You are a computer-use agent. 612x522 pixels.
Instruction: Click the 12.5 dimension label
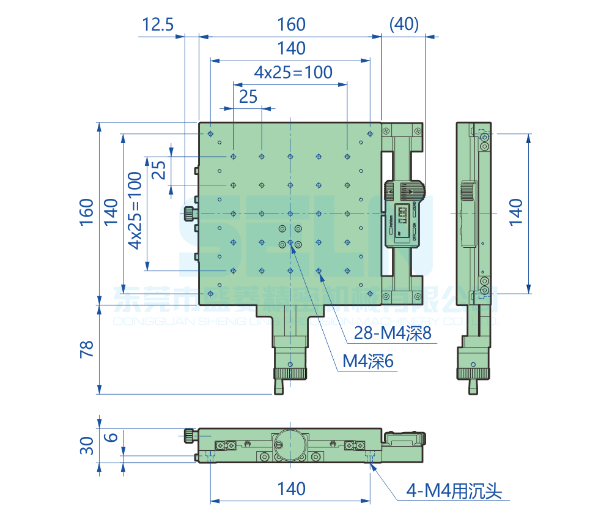click(158, 24)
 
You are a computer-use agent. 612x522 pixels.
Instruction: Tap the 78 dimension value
click(86, 349)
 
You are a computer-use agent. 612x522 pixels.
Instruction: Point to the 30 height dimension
click(87, 445)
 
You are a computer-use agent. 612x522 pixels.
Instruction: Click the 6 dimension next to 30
click(111, 437)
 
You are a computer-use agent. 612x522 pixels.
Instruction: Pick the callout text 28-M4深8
click(393, 334)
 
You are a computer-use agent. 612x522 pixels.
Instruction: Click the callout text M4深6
click(368, 362)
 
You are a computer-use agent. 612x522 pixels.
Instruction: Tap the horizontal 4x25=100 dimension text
click(293, 72)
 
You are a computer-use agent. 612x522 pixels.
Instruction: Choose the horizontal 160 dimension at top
click(291, 24)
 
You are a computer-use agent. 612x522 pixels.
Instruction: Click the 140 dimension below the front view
click(291, 489)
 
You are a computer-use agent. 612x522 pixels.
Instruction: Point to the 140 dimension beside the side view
click(515, 212)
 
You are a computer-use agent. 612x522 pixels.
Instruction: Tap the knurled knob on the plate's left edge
click(189, 213)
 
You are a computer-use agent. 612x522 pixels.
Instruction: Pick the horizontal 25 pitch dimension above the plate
click(248, 96)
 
